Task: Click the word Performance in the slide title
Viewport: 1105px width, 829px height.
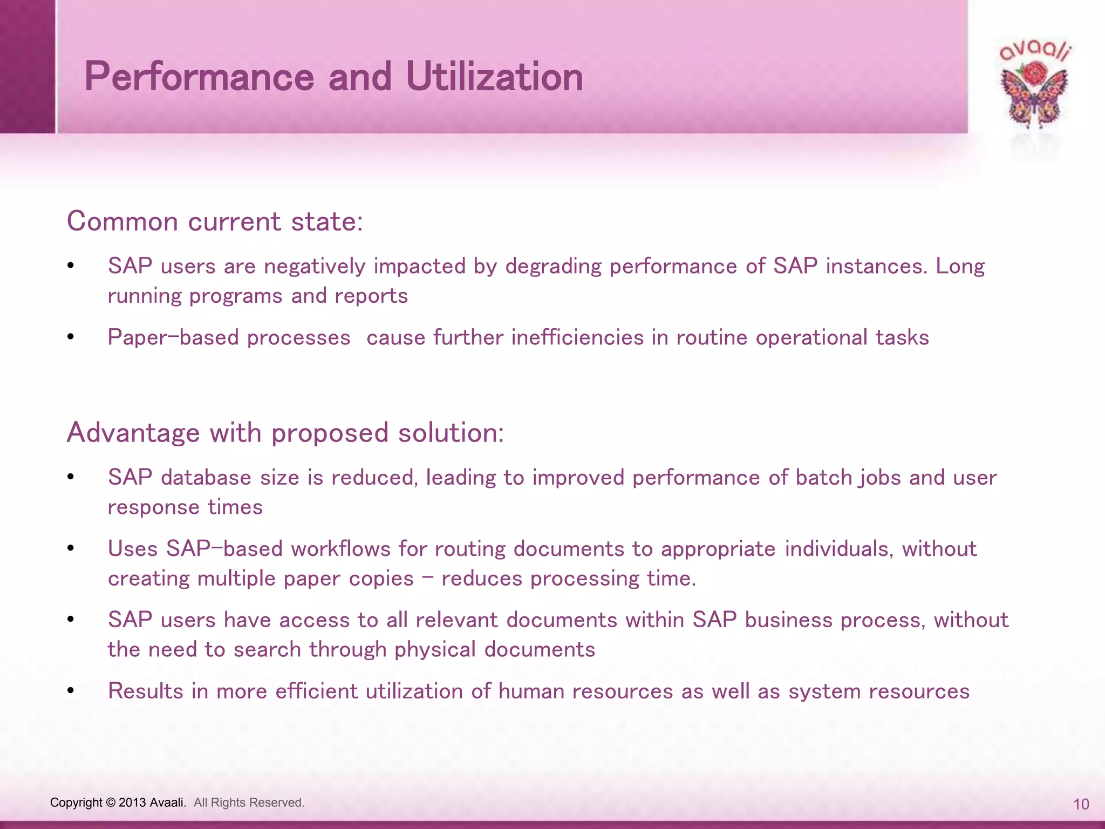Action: (199, 77)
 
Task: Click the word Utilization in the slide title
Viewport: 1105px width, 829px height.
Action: (494, 77)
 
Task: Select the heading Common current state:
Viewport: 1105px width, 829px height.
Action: (215, 222)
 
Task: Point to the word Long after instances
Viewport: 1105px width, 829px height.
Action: (960, 267)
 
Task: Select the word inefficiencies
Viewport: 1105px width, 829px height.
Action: (577, 338)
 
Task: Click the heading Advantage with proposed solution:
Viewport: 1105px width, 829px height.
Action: (285, 433)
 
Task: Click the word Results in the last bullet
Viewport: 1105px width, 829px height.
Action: (146, 691)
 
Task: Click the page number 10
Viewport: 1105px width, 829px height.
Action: (1081, 804)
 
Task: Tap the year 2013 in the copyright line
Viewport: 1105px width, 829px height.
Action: (132, 803)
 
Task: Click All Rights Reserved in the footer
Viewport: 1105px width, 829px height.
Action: (249, 803)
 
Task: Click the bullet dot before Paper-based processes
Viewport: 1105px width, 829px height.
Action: (71, 337)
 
